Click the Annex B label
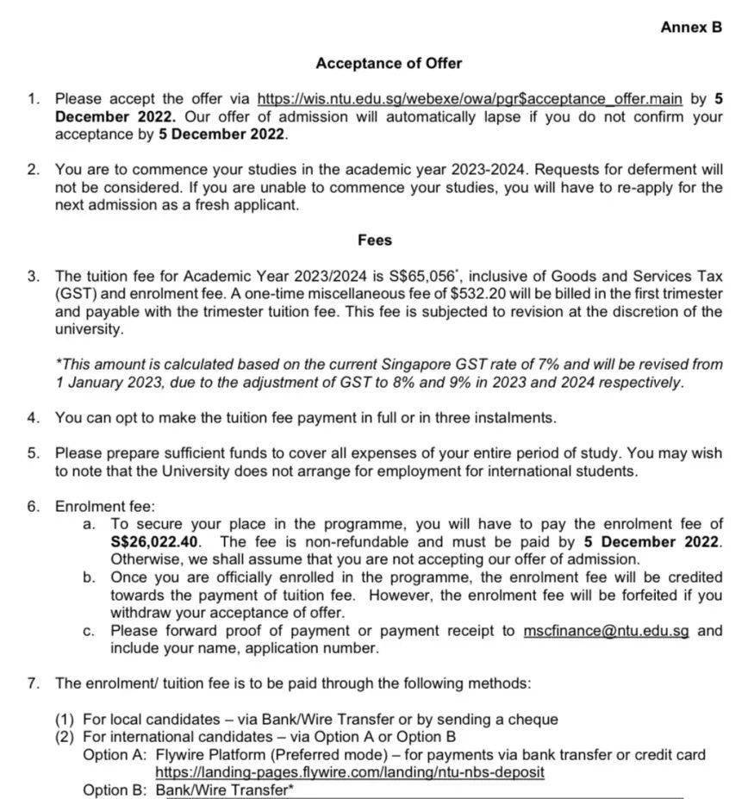(x=690, y=27)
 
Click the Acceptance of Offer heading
(x=389, y=63)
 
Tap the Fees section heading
(x=375, y=240)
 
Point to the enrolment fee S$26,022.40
(x=155, y=541)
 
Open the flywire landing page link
(x=350, y=772)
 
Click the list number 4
(x=33, y=417)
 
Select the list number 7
(x=33, y=683)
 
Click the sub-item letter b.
(x=90, y=577)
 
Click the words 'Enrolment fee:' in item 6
(x=105, y=506)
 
